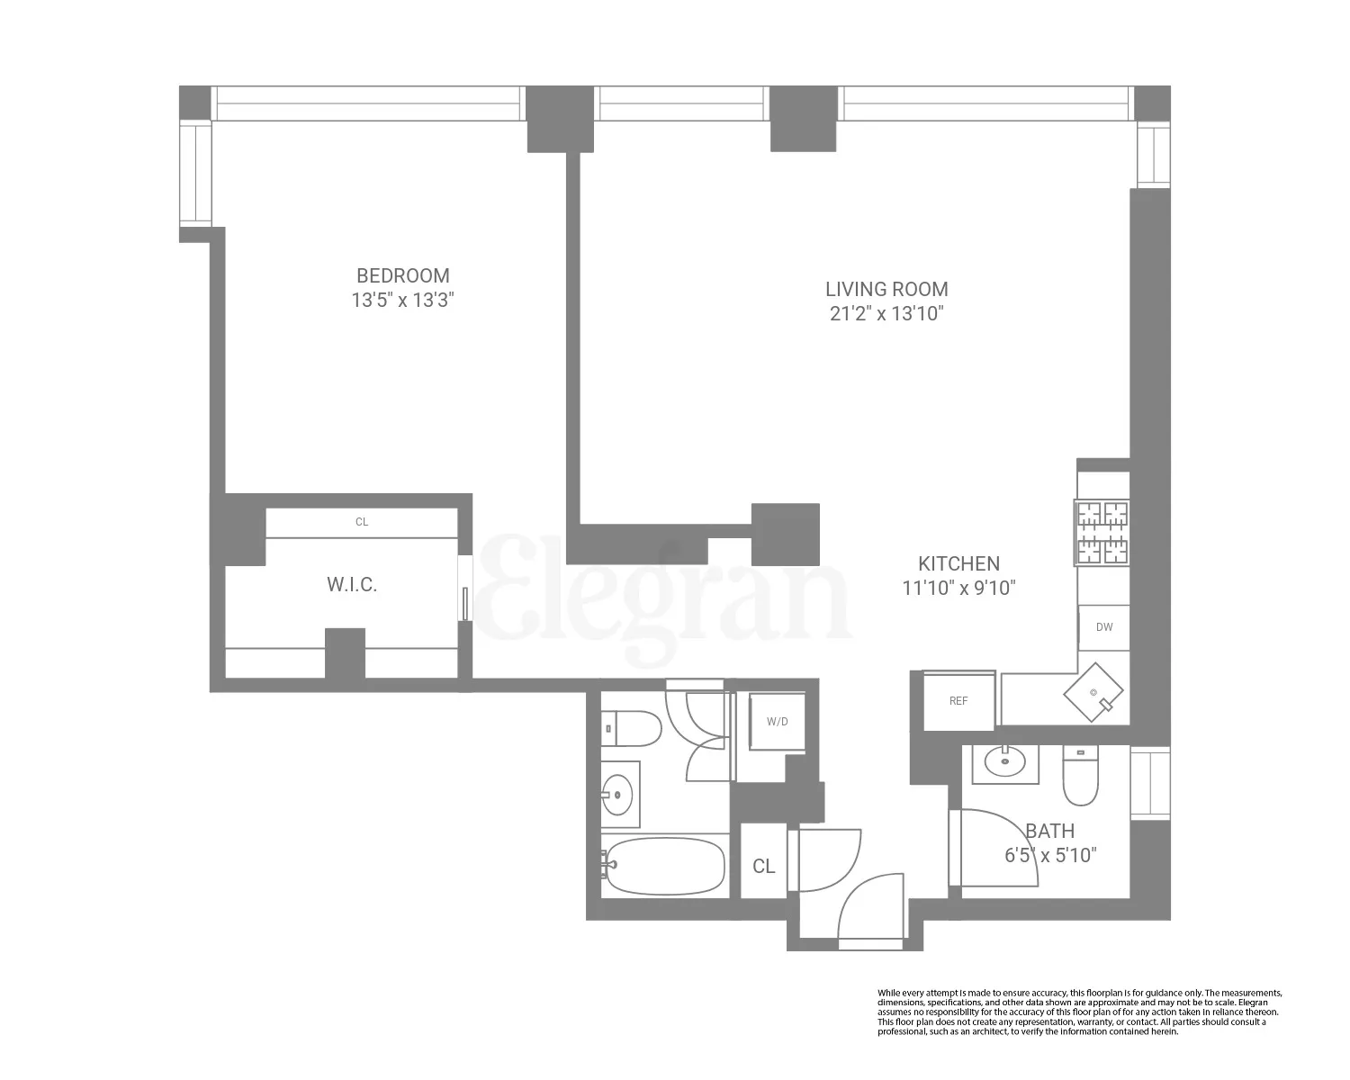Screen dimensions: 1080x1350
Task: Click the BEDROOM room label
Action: click(x=402, y=275)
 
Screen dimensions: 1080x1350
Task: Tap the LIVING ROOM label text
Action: click(x=886, y=289)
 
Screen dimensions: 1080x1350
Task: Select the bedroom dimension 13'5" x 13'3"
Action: click(x=402, y=301)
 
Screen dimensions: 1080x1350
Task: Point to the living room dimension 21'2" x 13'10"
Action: click(x=886, y=313)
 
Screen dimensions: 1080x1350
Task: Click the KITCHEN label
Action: click(x=958, y=563)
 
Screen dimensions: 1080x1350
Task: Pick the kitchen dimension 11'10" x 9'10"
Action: click(x=958, y=588)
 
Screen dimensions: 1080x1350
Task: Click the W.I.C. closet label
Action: click(x=352, y=585)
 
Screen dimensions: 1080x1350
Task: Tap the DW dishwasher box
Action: click(x=1103, y=626)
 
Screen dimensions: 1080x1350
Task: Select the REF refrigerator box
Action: click(x=958, y=700)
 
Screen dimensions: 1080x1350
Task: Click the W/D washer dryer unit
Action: click(x=778, y=721)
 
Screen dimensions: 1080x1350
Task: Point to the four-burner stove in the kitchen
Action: click(x=1102, y=533)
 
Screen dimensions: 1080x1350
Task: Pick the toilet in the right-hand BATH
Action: click(x=1080, y=776)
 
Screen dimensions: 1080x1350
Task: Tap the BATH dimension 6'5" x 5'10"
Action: click(x=1050, y=855)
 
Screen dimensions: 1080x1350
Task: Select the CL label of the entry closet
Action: click(x=763, y=866)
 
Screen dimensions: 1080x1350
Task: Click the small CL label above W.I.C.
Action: click(x=362, y=522)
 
